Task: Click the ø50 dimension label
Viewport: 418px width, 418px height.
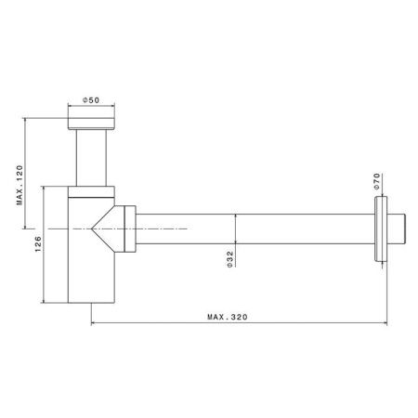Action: pyautogui.click(x=93, y=99)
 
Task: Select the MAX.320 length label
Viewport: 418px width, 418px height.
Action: pyautogui.click(x=228, y=317)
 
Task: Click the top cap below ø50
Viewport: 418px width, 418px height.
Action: pyautogui.click(x=93, y=123)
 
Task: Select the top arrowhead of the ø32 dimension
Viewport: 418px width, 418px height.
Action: pyautogui.click(x=235, y=215)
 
